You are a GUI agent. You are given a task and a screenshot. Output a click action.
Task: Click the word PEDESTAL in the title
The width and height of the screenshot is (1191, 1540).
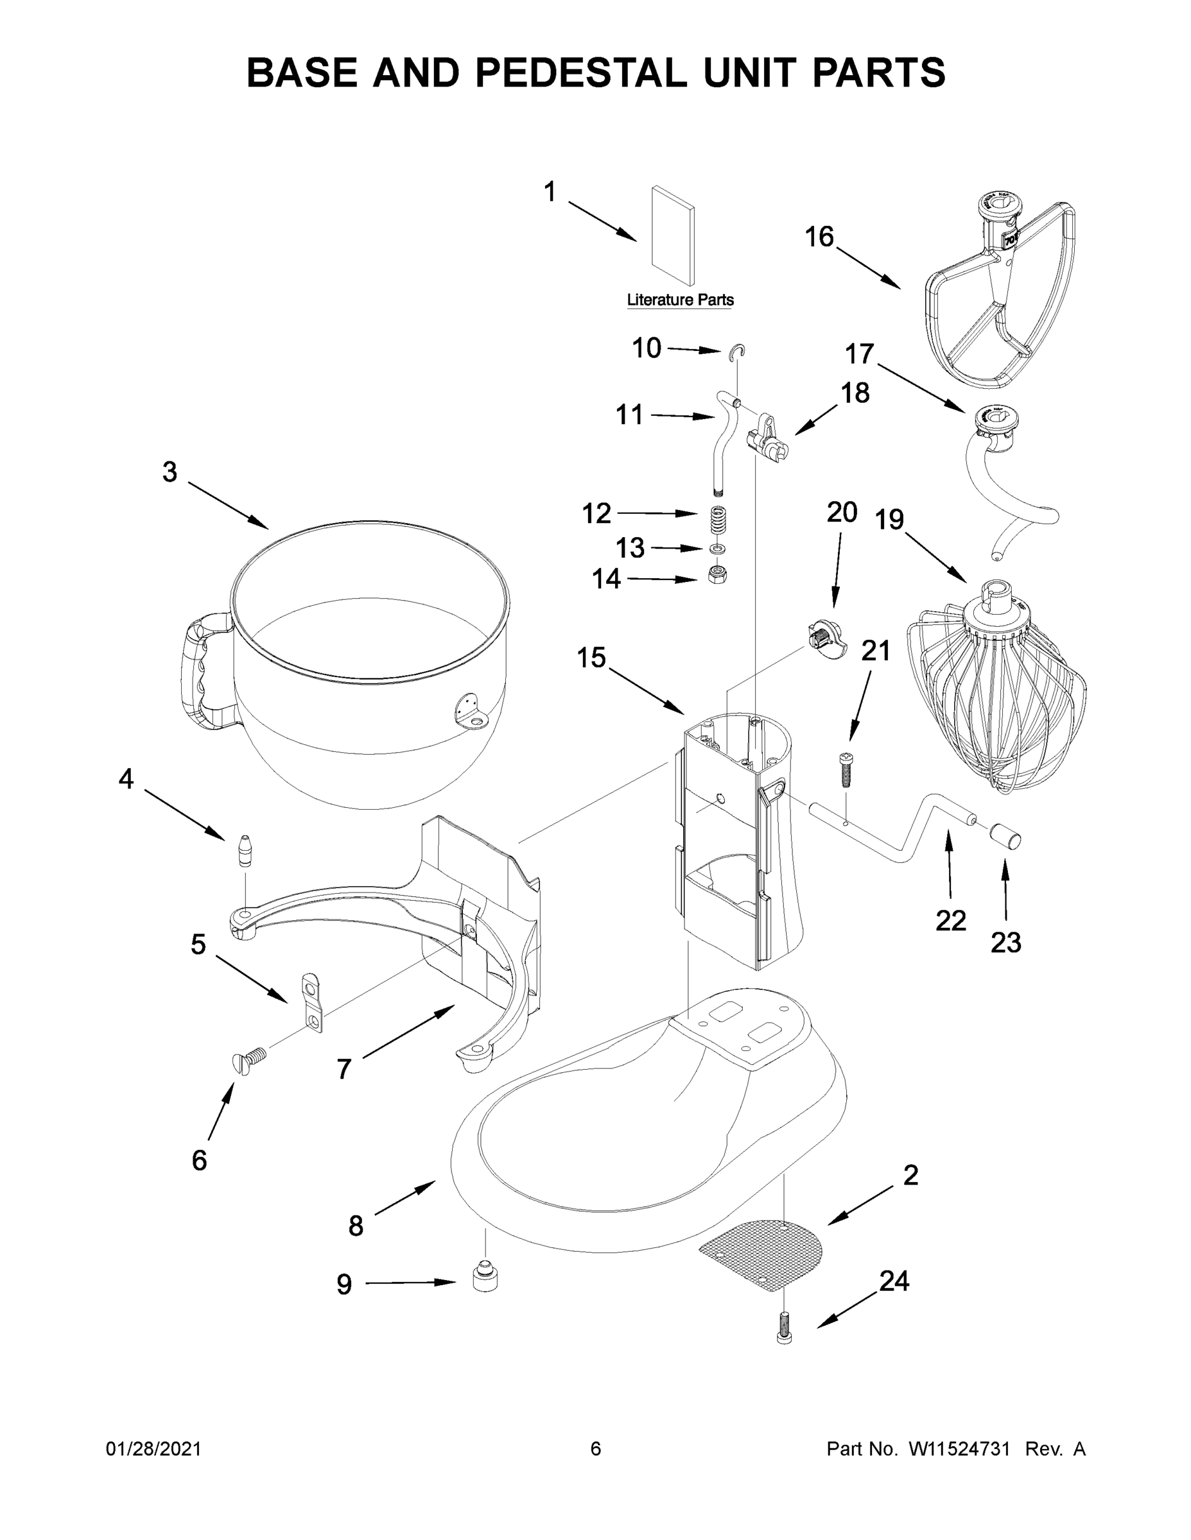(x=580, y=73)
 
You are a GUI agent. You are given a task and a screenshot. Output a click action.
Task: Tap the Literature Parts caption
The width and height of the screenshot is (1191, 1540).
(x=680, y=300)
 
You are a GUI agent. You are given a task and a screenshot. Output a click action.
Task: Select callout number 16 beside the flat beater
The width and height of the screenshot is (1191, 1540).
(x=819, y=237)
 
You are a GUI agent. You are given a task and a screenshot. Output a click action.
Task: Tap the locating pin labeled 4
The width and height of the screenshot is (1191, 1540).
(x=245, y=849)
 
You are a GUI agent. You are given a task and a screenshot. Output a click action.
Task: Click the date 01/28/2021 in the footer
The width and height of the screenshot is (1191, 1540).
(x=153, y=1449)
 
